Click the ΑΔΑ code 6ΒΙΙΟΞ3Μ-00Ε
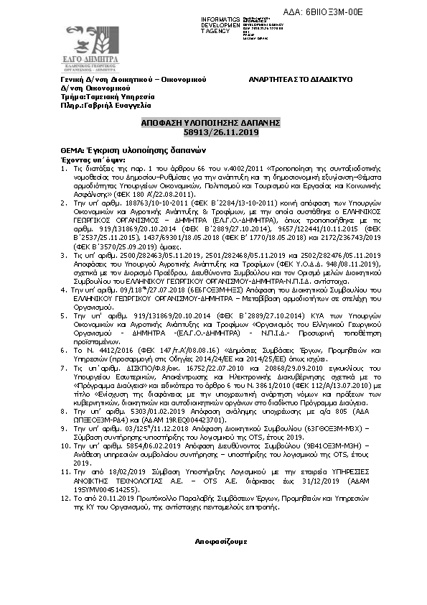pyautogui.click(x=375, y=11)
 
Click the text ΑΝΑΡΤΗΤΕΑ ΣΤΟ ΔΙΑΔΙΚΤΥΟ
pyautogui.click(x=300, y=79)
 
